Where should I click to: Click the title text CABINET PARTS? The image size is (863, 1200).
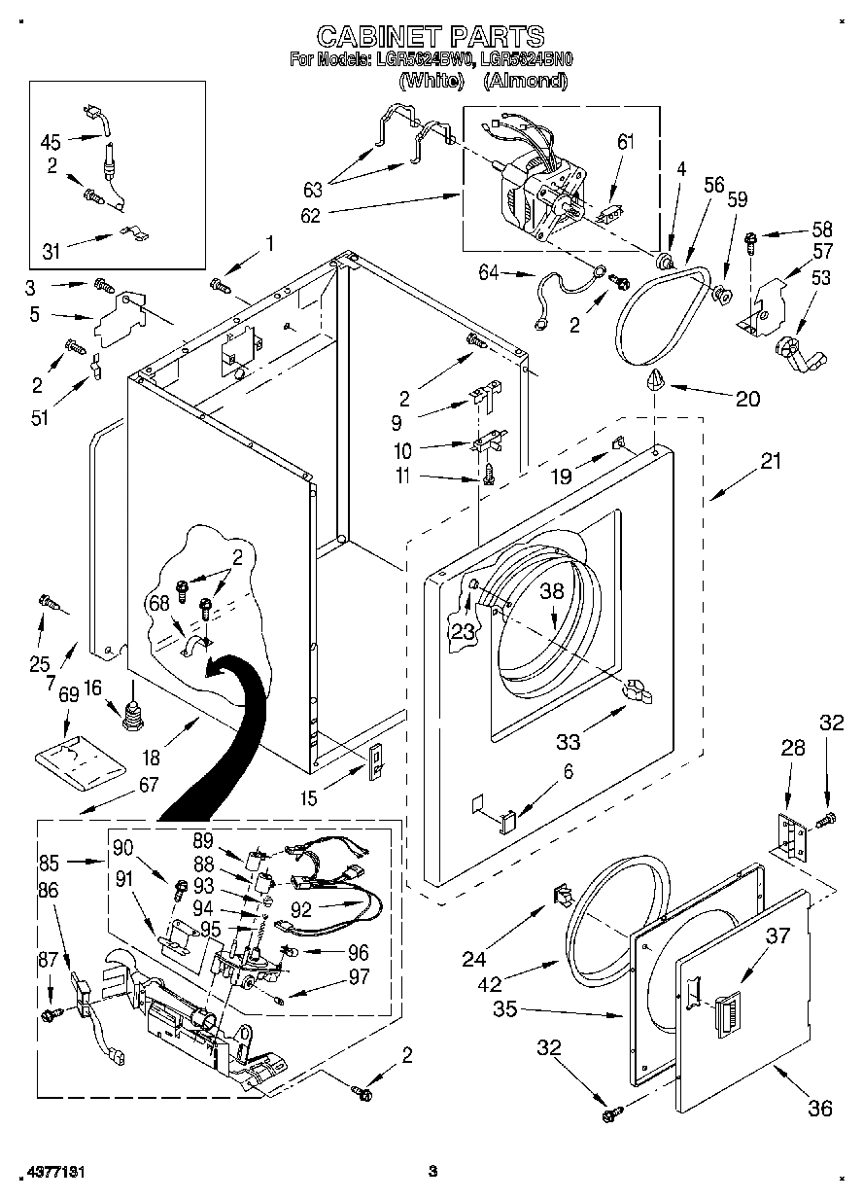431,37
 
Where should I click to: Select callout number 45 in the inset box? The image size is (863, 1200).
51,141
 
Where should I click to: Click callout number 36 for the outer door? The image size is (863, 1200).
820,1108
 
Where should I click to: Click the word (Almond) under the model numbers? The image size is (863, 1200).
525,82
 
